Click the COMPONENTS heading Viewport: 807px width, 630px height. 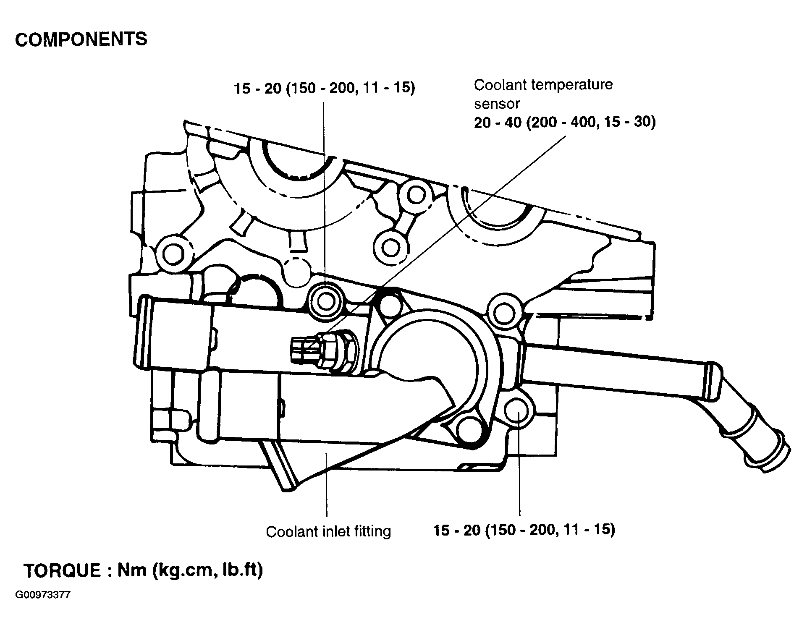click(81, 39)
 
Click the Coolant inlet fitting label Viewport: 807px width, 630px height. click(328, 531)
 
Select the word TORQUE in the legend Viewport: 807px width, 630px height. click(63, 570)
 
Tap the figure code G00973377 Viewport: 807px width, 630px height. click(43, 595)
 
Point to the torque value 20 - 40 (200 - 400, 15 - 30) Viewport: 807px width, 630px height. click(565, 122)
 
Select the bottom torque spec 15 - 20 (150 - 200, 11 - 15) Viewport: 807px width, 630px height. click(524, 530)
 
